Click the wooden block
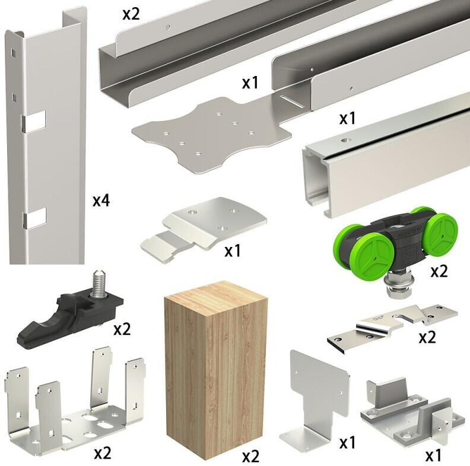pyautogui.click(x=216, y=372)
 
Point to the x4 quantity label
pyautogui.click(x=101, y=200)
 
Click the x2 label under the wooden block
pyautogui.click(x=250, y=457)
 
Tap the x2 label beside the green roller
pyautogui.click(x=439, y=271)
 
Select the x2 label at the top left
pyautogui.click(x=131, y=14)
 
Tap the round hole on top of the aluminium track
pyautogui.click(x=347, y=140)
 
